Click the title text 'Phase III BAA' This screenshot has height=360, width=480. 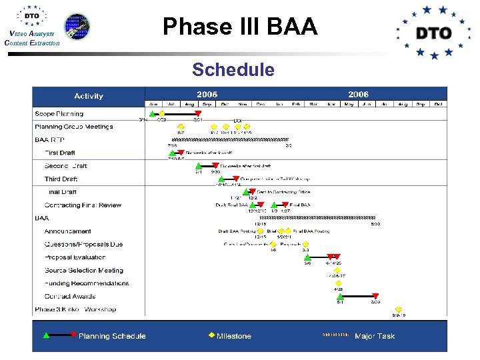pyautogui.click(x=240, y=27)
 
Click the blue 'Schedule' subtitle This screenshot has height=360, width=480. pyautogui.click(x=233, y=69)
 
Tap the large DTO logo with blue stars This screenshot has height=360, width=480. pyautogui.click(x=433, y=32)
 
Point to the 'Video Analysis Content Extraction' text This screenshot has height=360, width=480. pyautogui.click(x=31, y=38)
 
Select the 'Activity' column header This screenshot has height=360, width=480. pyautogui.click(x=89, y=96)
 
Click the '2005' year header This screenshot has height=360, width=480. pyautogui.click(x=207, y=95)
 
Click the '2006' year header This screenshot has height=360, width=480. pyautogui.click(x=358, y=95)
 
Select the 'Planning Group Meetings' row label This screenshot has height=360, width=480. pyautogui.click(x=73, y=127)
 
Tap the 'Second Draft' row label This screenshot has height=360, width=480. pyautogui.click(x=65, y=166)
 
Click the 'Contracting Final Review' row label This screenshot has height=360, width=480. pyautogui.click(x=83, y=205)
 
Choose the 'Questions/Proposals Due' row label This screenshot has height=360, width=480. pyautogui.click(x=83, y=245)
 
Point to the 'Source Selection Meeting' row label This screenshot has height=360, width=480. pyautogui.click(x=83, y=271)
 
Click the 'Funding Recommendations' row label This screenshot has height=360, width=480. pyautogui.click(x=86, y=283)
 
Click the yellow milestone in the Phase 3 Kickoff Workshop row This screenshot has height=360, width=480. pyautogui.click(x=399, y=309)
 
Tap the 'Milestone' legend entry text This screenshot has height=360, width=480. pyautogui.click(x=234, y=336)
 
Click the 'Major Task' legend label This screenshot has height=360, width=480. pyautogui.click(x=375, y=336)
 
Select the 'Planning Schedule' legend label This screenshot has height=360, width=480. pyautogui.click(x=111, y=336)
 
